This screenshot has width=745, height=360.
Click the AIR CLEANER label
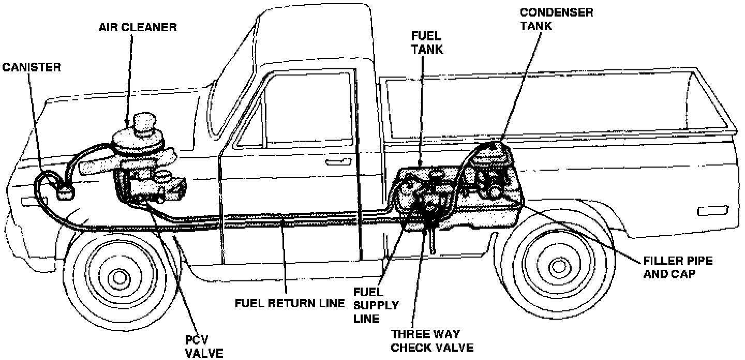138,27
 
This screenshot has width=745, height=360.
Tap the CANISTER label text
32,67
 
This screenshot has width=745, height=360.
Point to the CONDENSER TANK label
556,19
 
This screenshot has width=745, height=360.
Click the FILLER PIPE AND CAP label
678,267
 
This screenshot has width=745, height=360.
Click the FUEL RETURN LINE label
289,303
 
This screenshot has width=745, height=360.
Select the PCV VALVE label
204,347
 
